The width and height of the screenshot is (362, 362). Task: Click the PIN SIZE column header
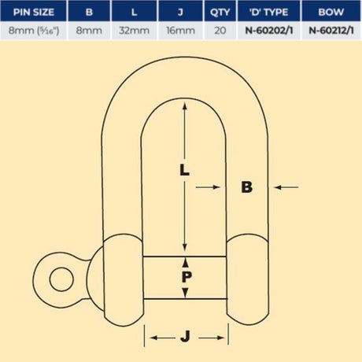click(34, 12)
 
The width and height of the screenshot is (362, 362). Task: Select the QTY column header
click(220, 12)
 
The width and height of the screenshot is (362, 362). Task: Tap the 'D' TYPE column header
click(269, 12)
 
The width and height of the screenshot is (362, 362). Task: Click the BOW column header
click(331, 12)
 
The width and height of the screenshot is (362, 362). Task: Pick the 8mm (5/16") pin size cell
click(34, 31)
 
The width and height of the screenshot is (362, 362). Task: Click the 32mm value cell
click(134, 31)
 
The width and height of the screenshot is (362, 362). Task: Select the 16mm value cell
click(180, 31)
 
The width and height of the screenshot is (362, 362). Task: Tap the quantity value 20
click(220, 31)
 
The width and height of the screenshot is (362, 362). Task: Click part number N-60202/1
click(269, 31)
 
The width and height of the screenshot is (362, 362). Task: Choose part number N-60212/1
click(331, 31)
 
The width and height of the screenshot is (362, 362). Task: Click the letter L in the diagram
click(184, 169)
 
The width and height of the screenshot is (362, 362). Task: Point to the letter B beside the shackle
click(246, 187)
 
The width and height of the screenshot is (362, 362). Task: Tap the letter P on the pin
click(187, 277)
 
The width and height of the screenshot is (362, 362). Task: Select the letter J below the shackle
click(186, 337)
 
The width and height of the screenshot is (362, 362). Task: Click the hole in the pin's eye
click(61, 279)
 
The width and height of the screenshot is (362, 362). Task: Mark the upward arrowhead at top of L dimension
click(185, 106)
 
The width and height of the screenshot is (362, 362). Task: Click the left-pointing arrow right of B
click(286, 187)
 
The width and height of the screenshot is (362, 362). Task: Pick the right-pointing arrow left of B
click(208, 187)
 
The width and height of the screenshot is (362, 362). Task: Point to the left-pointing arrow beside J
click(162, 338)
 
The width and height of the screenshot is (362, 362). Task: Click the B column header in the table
click(89, 12)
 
